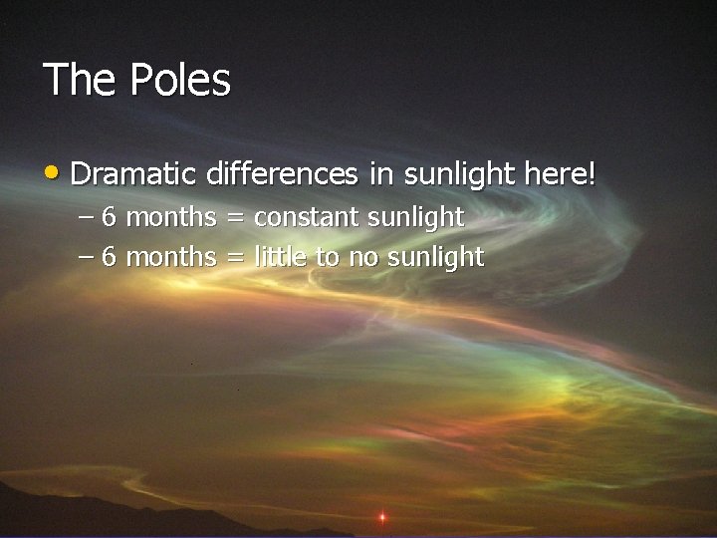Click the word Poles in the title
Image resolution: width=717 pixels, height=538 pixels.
point(180,80)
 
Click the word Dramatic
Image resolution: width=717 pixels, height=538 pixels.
point(134,174)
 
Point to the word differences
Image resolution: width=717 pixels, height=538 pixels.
point(282,174)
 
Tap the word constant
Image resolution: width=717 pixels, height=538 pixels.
point(307,216)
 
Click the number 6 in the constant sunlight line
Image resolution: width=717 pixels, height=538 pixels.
point(110,216)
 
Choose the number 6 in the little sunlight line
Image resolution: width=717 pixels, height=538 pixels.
point(110,257)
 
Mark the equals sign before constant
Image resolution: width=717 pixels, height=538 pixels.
point(235,217)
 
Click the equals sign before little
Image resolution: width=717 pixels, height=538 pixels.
point(235,258)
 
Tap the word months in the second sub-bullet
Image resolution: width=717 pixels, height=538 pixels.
point(171,257)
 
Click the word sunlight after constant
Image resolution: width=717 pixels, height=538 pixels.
point(415,216)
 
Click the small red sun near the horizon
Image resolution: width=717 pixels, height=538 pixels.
point(381,517)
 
